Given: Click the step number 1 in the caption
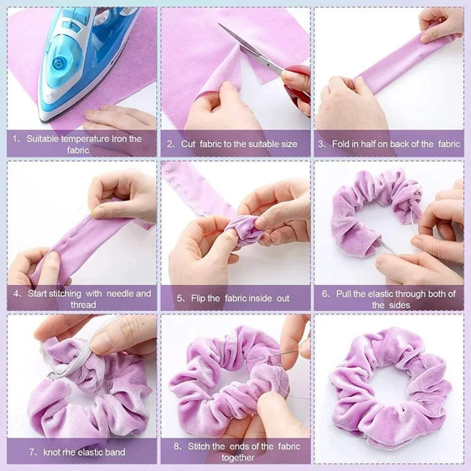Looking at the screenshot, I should (15, 139).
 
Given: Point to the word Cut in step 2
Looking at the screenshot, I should (188, 144).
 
